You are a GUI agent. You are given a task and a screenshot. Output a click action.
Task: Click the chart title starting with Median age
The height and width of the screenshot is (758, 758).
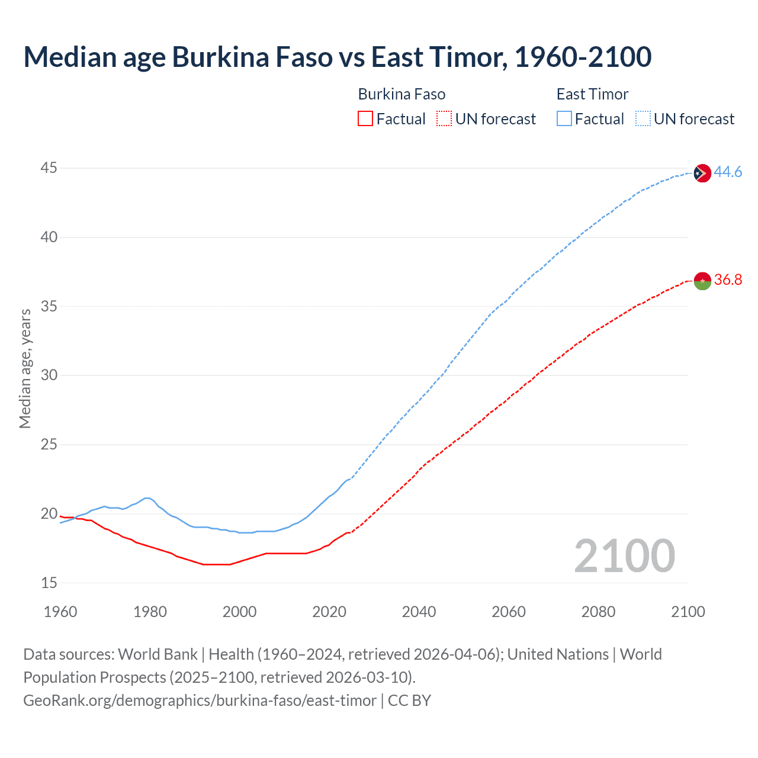point(338,57)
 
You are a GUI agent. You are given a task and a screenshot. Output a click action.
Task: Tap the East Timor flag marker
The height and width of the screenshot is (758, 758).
point(702,173)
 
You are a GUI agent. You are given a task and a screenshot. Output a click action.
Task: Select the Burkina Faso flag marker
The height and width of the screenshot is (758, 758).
point(702,281)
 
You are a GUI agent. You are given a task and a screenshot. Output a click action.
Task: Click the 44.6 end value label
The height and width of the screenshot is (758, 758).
point(728,172)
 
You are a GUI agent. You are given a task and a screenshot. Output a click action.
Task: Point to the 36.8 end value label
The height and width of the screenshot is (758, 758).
point(728,280)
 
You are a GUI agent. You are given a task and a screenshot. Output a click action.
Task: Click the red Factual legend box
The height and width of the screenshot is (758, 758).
point(365,119)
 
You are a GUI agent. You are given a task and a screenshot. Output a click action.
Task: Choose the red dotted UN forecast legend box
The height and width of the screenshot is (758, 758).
point(444,119)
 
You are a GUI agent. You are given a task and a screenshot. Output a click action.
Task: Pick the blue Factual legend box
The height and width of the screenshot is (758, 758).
point(564,119)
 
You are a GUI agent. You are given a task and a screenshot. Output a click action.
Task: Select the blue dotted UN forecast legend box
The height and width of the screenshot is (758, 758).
point(643,119)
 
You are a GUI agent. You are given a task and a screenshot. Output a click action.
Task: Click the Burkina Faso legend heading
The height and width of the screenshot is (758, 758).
point(402,94)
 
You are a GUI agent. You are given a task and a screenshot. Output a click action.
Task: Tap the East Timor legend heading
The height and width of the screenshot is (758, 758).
point(592,94)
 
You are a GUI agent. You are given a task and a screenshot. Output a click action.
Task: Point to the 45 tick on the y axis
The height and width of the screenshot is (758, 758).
point(49,168)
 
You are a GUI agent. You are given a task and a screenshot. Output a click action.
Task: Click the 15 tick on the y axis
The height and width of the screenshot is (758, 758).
point(49,583)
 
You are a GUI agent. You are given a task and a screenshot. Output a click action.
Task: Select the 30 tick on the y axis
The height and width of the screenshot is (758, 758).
point(49,375)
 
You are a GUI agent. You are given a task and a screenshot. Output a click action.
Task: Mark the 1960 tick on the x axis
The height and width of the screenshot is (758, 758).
point(60,612)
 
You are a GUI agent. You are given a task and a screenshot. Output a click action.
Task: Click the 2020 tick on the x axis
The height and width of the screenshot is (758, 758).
point(329,612)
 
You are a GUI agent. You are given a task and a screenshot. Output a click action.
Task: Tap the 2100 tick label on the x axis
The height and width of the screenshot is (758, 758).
point(688,612)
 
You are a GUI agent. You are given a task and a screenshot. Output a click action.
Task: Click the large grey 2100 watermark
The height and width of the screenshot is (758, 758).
point(624,555)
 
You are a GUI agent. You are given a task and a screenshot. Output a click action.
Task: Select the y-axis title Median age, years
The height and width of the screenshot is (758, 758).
point(25,368)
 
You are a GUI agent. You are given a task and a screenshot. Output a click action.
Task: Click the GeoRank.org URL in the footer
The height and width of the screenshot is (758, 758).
point(200,701)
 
